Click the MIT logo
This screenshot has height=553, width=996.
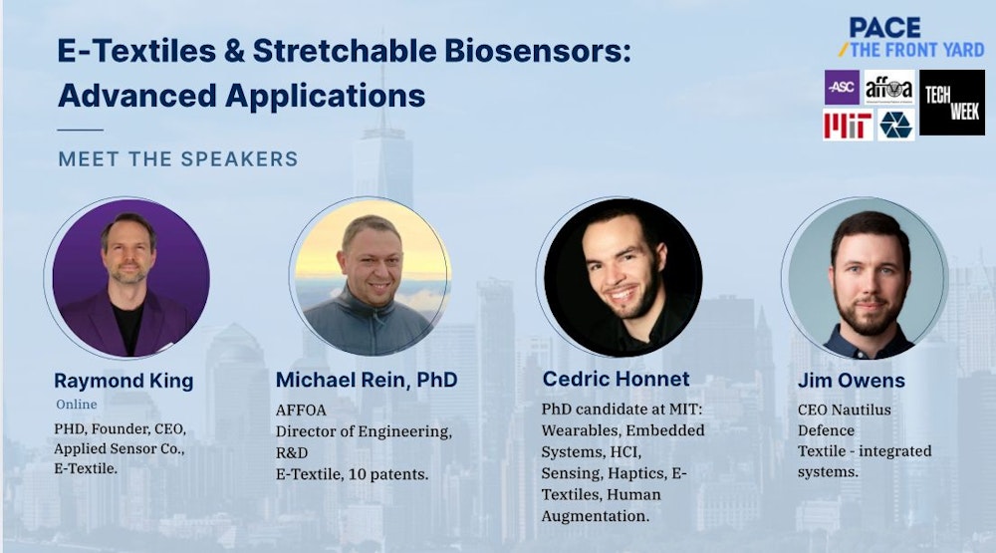(x=848, y=125)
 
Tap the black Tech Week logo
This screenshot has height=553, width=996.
(x=951, y=103)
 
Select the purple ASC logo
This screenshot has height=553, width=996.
(x=842, y=87)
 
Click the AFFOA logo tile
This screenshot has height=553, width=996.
(x=889, y=87)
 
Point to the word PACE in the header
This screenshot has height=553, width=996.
(x=884, y=27)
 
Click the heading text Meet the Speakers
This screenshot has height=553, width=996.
(x=178, y=158)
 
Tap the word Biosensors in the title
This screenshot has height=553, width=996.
(x=538, y=51)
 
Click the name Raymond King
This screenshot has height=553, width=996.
(x=124, y=381)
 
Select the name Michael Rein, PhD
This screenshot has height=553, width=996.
(x=367, y=380)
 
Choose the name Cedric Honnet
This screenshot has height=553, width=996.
(x=616, y=379)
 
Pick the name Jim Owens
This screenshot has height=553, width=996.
(x=852, y=380)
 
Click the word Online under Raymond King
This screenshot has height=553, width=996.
(x=77, y=405)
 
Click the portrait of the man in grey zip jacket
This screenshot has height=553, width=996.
(x=371, y=277)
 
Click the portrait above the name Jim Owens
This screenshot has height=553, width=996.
(x=866, y=278)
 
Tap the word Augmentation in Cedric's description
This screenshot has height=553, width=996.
(x=596, y=516)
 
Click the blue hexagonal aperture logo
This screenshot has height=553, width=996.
(x=895, y=125)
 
